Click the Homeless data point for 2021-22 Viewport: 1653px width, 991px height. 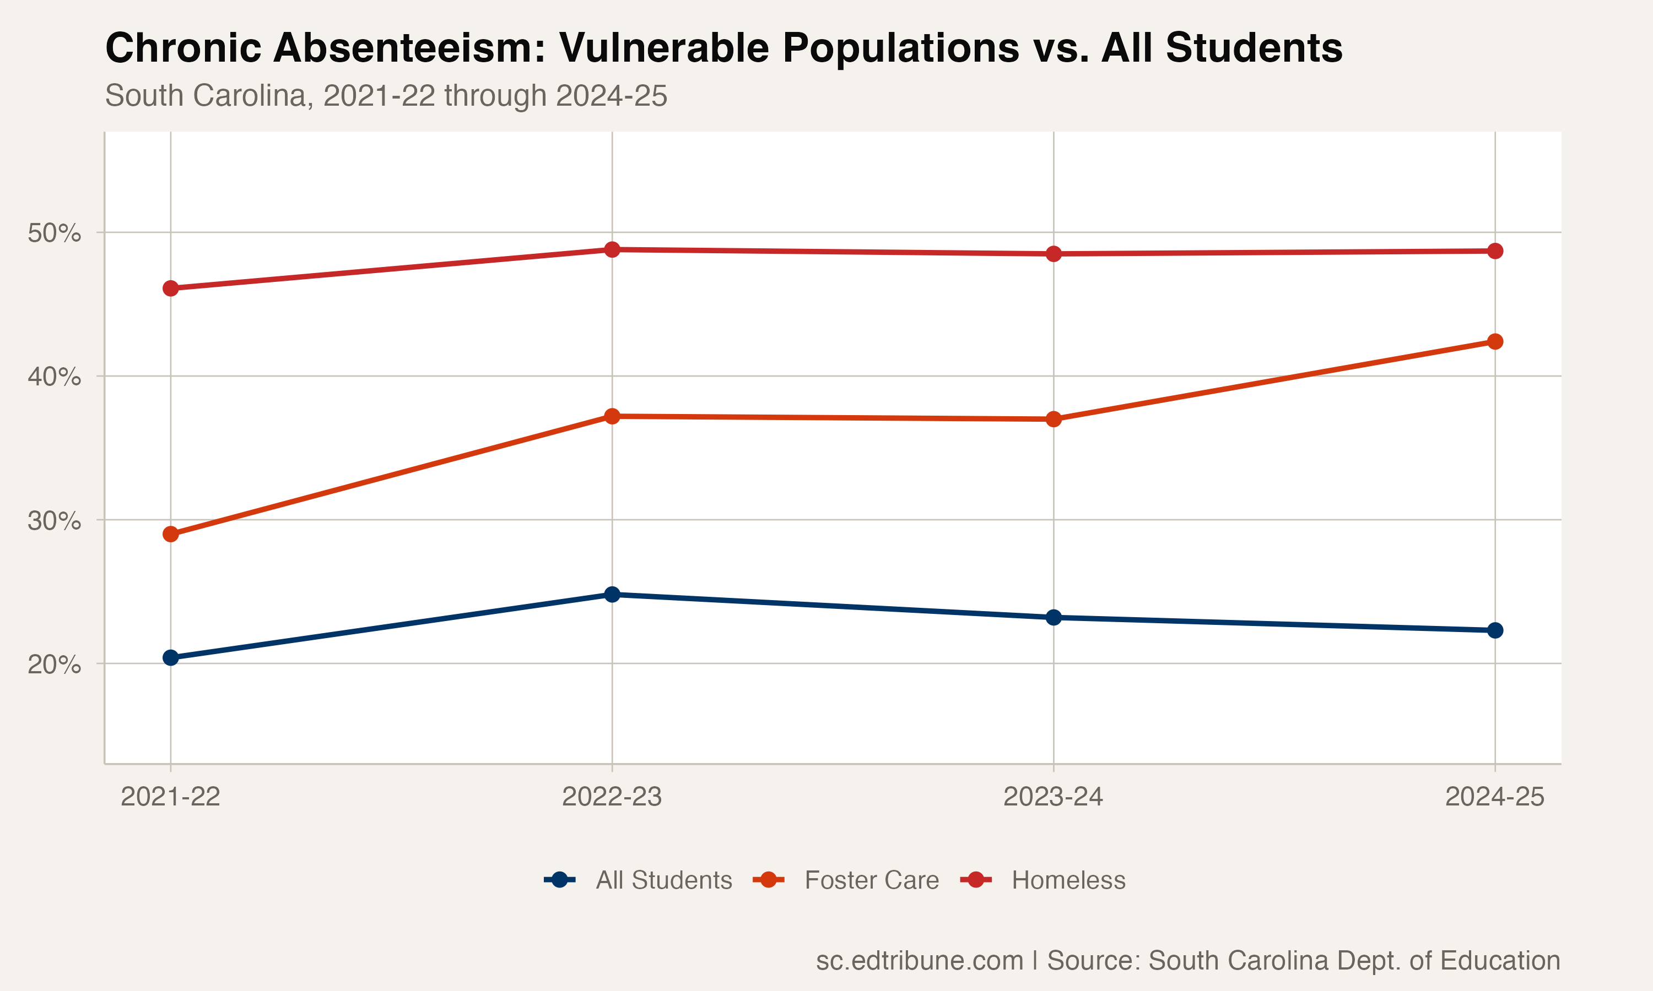(170, 288)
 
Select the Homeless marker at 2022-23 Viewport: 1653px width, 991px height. (612, 250)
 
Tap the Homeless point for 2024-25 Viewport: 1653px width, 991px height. (1495, 251)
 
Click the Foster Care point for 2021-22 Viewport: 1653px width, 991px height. (170, 534)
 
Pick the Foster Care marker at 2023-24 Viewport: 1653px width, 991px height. (1054, 420)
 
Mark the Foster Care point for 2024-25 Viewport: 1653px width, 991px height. (1495, 342)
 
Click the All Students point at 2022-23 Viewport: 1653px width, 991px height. (612, 595)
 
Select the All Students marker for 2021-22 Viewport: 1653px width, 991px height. (170, 658)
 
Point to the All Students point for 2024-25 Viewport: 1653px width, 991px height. (1495, 630)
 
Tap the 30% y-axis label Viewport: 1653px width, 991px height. (53, 520)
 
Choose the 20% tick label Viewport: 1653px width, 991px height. (53, 665)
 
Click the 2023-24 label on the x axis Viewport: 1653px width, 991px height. (1053, 797)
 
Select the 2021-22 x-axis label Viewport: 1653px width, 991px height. (170, 797)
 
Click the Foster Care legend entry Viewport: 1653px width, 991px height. (871, 880)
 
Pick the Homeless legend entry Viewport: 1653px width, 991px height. (1068, 880)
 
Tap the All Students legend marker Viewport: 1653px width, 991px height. (560, 880)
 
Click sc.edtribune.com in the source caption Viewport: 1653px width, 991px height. (920, 960)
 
